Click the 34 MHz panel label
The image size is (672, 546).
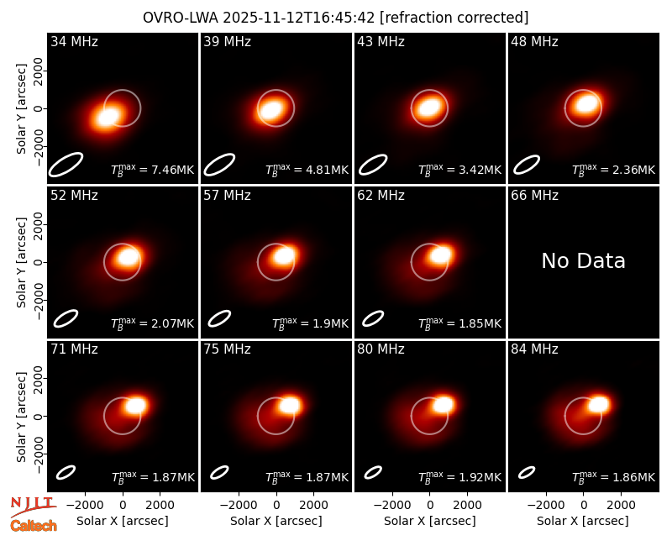(x=74, y=41)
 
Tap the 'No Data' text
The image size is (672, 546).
(x=583, y=260)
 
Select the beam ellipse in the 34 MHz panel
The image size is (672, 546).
(x=66, y=165)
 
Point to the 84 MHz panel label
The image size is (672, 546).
(x=534, y=349)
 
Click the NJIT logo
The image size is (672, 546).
(x=33, y=506)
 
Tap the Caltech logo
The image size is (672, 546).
(x=34, y=526)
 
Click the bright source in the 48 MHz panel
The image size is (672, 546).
(x=586, y=103)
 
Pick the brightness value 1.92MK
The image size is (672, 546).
(x=480, y=477)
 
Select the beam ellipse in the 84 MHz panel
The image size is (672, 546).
(x=527, y=472)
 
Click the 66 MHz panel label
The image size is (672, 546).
(x=534, y=196)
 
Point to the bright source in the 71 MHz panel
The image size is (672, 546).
(x=135, y=406)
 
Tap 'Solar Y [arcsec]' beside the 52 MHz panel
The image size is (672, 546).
(x=21, y=262)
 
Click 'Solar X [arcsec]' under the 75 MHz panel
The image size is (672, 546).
(x=276, y=521)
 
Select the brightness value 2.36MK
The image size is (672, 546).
(x=633, y=170)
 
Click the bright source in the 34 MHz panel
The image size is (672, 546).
(x=108, y=117)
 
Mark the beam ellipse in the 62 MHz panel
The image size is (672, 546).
(x=373, y=318)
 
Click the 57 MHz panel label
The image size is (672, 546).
(x=227, y=196)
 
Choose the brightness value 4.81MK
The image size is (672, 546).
(x=327, y=170)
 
